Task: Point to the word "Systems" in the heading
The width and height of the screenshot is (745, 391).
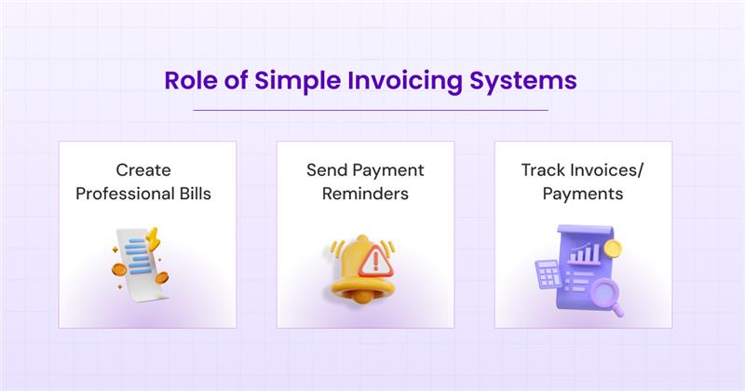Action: (x=525, y=80)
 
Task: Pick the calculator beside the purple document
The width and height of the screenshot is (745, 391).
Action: (x=546, y=276)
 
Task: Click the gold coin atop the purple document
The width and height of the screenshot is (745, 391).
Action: (x=612, y=249)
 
